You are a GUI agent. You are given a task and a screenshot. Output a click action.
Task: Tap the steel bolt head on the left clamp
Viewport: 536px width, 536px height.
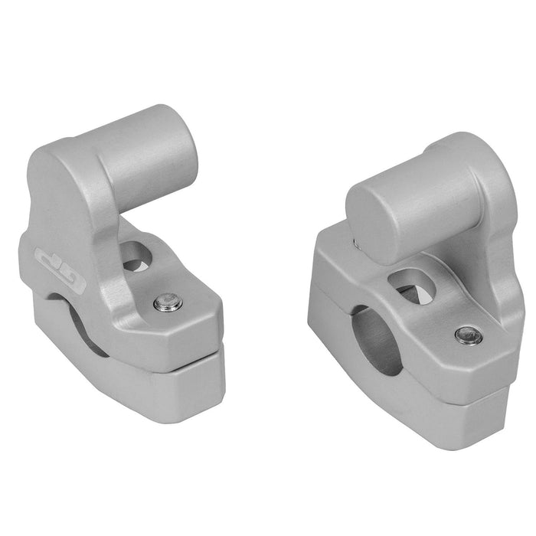pyautogui.click(x=167, y=303)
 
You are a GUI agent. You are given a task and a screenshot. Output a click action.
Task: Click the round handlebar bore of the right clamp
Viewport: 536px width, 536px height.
pyautogui.click(x=378, y=339)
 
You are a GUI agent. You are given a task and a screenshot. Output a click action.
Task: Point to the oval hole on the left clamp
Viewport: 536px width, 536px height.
pyautogui.click(x=139, y=257)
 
